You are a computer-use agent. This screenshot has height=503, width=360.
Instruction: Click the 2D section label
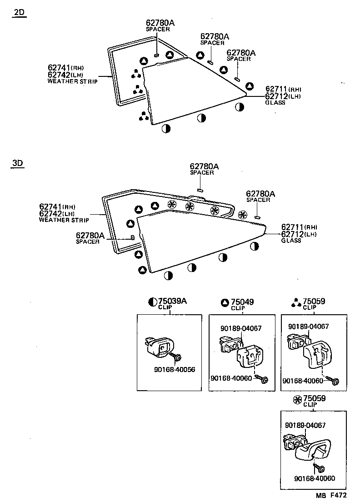tap(19, 13)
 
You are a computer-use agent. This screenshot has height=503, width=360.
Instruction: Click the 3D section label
tap(18, 163)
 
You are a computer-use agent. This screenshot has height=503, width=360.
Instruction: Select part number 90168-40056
tap(174, 369)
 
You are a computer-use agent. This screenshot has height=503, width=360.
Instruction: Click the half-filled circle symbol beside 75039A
tap(153, 302)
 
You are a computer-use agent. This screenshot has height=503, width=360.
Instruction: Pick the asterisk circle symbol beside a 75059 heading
tap(298, 399)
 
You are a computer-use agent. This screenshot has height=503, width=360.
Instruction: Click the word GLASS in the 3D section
tap(291, 241)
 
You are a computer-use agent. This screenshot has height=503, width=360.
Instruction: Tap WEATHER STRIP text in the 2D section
tap(72, 81)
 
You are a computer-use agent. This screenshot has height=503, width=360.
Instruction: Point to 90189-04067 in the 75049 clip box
tap(241, 328)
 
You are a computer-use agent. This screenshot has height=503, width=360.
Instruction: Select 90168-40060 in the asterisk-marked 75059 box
tap(315, 478)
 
